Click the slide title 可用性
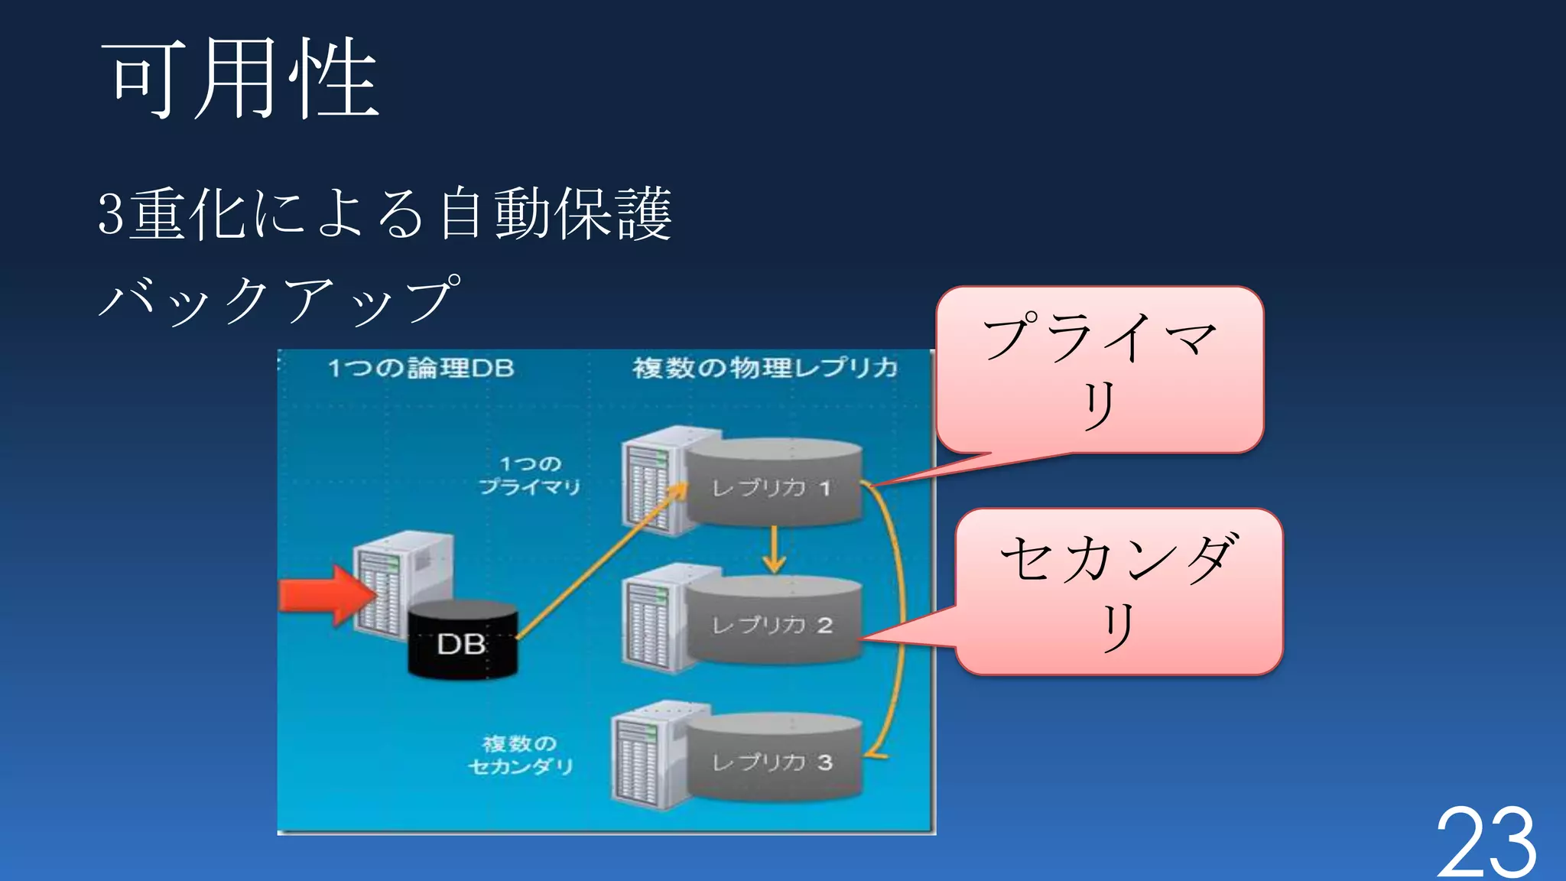[240, 80]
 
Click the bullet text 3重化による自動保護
[385, 214]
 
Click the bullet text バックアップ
[280, 299]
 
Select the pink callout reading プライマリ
[1100, 370]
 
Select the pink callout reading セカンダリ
[1118, 591]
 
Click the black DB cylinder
[462, 641]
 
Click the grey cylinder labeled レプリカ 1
[774, 483]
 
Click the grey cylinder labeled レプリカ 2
[774, 621]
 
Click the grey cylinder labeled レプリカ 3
[774, 759]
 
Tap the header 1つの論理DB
[421, 369]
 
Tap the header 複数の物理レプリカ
[765, 369]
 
